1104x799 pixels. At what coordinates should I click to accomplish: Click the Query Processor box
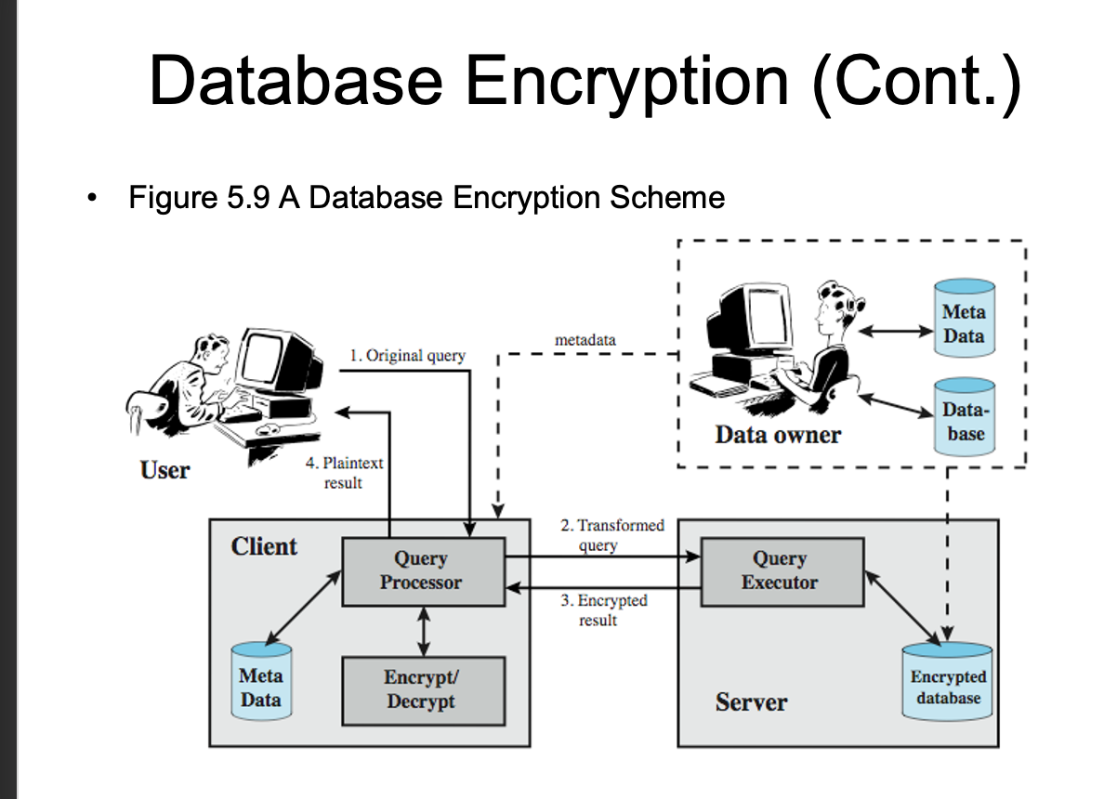424,570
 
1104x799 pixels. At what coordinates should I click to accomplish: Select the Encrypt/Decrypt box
424,690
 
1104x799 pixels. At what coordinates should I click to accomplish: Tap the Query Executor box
782,570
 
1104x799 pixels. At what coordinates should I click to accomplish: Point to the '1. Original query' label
407,356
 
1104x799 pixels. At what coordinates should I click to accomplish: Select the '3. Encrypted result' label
603,610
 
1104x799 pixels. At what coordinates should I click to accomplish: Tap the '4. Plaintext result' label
344,472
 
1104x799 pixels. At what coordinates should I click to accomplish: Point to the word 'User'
164,470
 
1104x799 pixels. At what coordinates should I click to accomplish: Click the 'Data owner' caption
777,435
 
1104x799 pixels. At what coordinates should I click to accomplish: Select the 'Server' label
751,702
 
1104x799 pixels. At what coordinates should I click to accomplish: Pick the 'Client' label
264,546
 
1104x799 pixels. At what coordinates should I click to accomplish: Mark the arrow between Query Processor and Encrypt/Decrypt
424,631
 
